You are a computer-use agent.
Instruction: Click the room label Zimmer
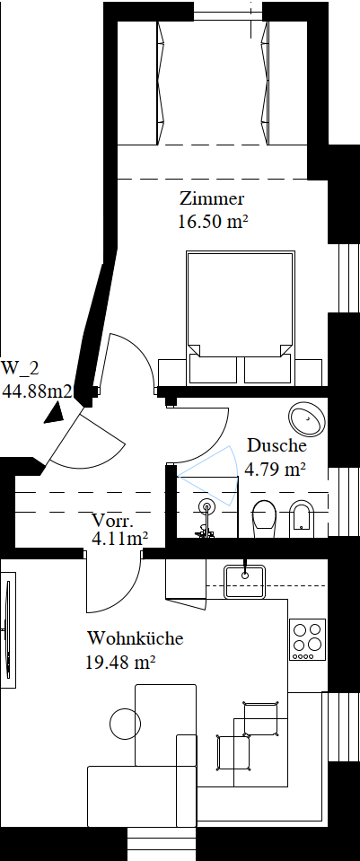(211, 198)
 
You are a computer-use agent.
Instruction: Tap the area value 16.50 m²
(211, 222)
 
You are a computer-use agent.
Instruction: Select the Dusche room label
(277, 444)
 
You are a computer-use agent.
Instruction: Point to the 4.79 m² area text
(275, 469)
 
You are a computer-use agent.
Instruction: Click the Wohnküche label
(135, 638)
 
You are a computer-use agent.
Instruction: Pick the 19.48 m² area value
(120, 663)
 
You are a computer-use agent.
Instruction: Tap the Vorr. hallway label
(112, 520)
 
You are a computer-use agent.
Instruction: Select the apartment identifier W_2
(21, 367)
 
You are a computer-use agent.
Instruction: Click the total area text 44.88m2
(38, 391)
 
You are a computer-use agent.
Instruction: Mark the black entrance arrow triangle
(56, 413)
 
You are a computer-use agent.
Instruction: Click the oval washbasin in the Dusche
(307, 419)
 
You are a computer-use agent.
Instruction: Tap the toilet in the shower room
(266, 518)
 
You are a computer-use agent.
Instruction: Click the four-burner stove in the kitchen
(308, 640)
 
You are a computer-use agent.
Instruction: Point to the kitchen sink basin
(245, 581)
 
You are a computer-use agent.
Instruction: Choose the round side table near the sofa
(126, 725)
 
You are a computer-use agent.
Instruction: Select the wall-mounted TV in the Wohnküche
(8, 629)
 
